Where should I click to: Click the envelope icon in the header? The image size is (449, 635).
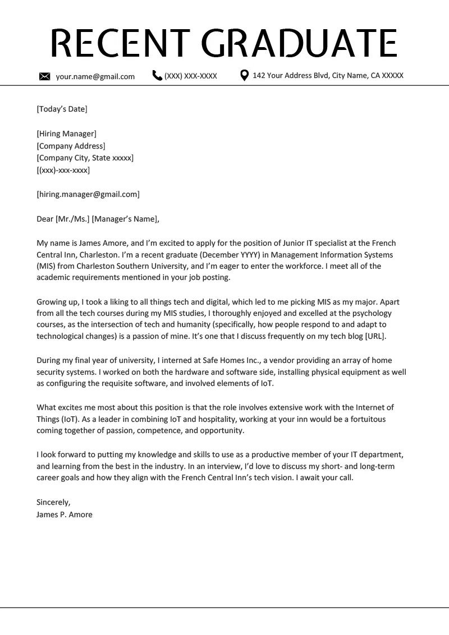45,76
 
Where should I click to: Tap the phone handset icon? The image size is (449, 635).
157,75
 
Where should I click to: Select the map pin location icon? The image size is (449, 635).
244,75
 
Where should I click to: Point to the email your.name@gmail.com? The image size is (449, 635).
95,76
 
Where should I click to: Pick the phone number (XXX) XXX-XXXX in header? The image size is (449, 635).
190,76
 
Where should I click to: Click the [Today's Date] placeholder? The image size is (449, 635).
62,109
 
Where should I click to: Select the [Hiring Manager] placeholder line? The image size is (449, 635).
66,134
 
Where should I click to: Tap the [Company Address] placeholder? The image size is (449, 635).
71,146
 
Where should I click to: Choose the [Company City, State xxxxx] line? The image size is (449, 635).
85,158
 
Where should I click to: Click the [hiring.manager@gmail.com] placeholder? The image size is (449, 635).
88,194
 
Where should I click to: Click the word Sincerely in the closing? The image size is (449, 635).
53,501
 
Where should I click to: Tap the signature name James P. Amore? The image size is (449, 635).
65,514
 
